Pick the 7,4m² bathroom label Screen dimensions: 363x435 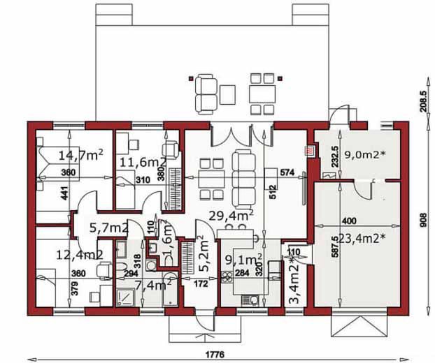(153, 284)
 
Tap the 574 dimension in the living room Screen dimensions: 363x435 (285, 171)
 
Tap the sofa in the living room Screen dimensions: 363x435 (244, 177)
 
